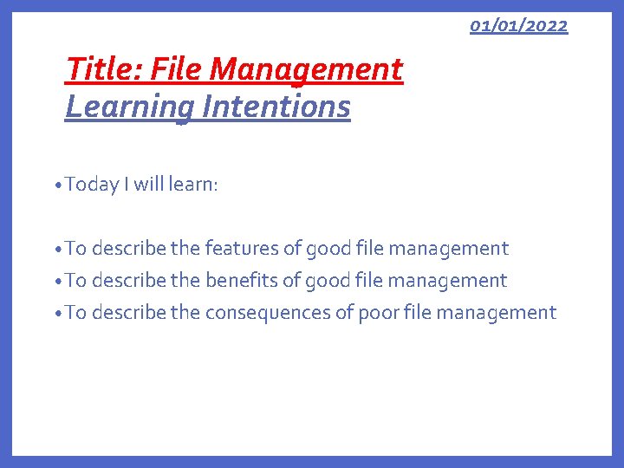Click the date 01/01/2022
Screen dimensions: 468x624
click(518, 25)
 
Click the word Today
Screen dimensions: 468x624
click(91, 184)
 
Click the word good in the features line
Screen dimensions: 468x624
click(329, 249)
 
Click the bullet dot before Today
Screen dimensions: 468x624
click(56, 185)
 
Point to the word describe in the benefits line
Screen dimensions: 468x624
click(128, 281)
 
